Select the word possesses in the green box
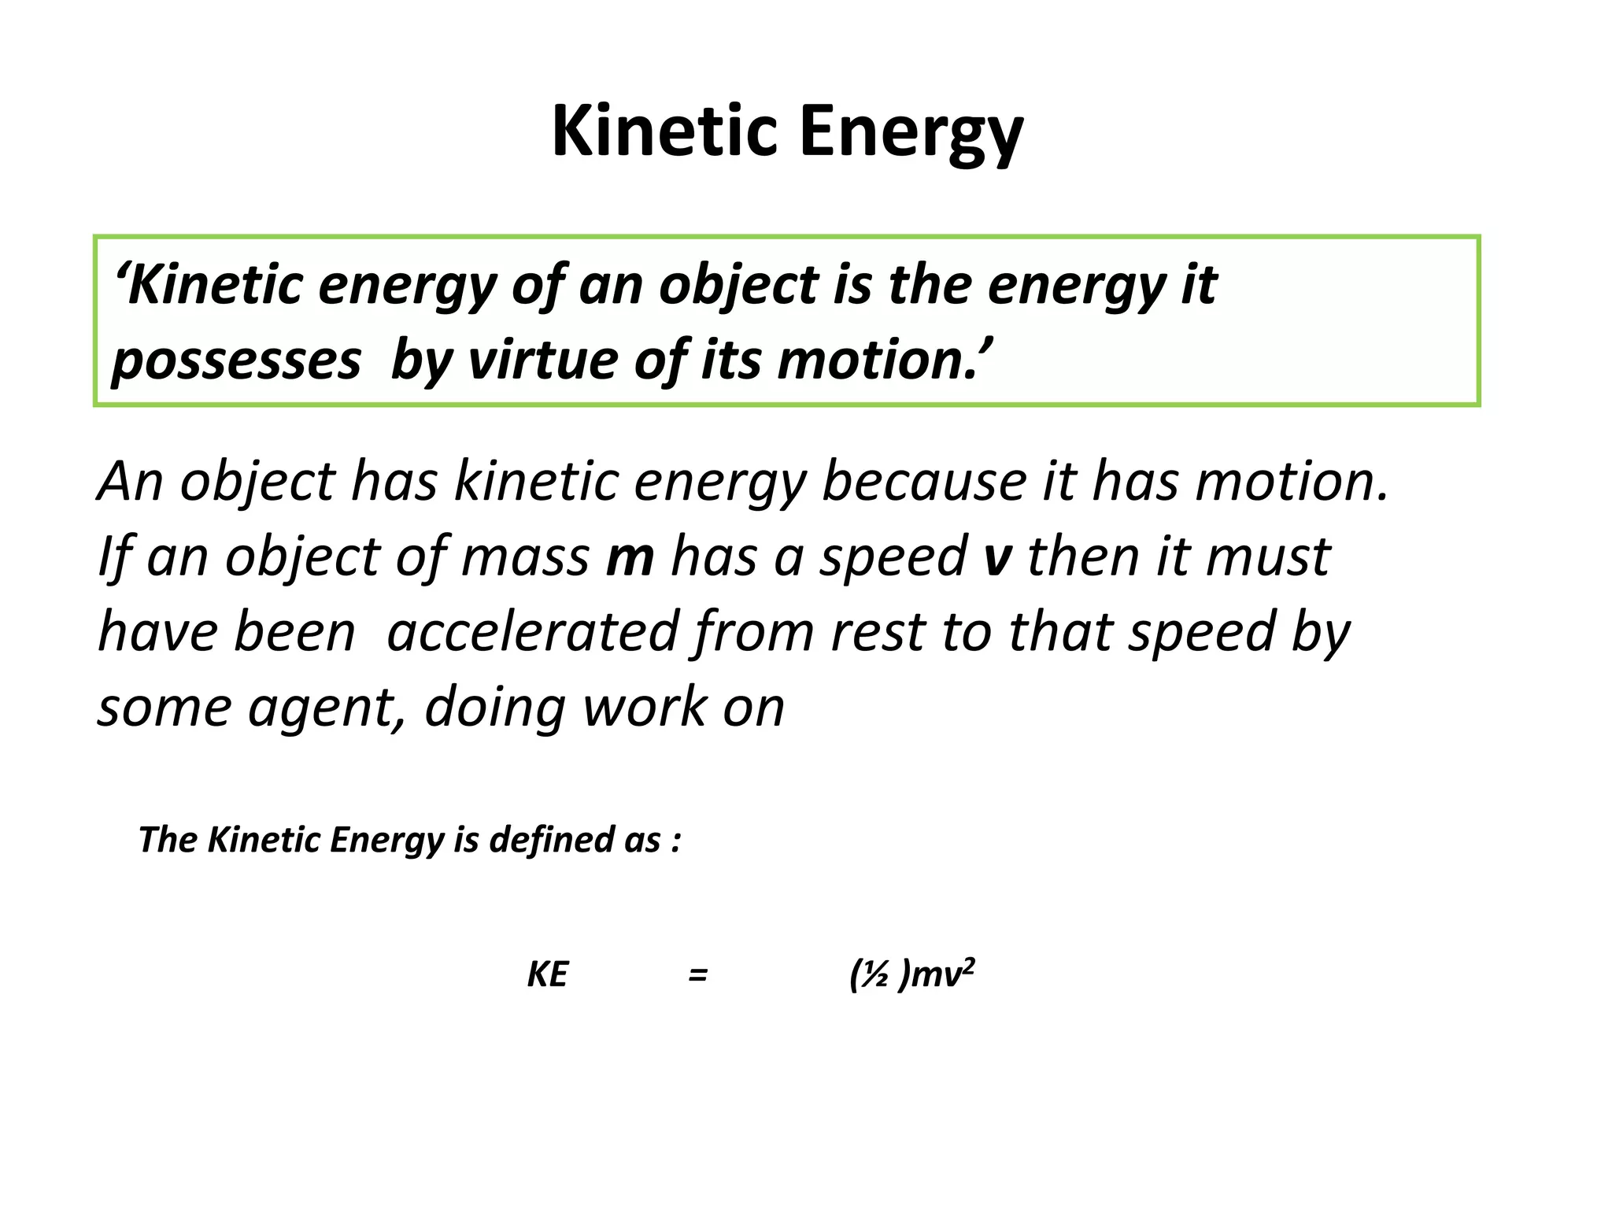(x=236, y=361)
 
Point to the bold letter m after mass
(x=630, y=556)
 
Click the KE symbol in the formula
(x=547, y=975)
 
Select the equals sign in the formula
(x=697, y=975)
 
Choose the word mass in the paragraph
(x=525, y=556)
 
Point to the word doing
(x=495, y=708)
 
